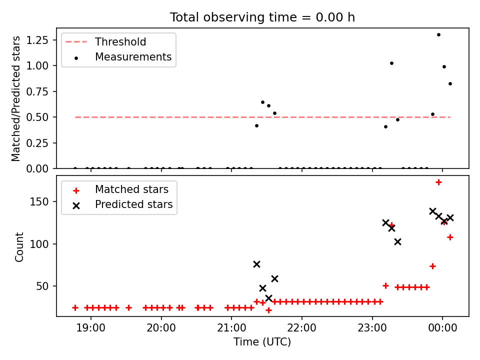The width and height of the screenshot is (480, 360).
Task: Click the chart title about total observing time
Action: click(262, 17)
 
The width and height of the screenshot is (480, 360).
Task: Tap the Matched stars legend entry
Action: click(121, 189)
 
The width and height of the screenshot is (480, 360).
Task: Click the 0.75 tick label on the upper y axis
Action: click(37, 91)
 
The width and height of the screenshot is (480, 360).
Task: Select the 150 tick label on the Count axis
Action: click(39, 201)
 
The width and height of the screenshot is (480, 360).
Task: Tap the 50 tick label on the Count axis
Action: click(42, 286)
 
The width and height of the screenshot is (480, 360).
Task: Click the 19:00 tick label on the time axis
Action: click(90, 328)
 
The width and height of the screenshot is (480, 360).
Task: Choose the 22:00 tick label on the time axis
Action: click(302, 328)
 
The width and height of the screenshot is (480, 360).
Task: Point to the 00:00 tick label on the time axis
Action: click(442, 328)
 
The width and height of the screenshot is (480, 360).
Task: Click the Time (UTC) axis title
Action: click(262, 341)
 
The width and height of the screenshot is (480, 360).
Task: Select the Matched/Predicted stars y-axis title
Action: click(15, 98)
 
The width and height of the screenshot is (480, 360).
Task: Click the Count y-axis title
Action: click(19, 247)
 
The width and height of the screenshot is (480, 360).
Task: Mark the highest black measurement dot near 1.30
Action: click(438, 35)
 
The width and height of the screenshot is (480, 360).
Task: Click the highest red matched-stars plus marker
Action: click(438, 182)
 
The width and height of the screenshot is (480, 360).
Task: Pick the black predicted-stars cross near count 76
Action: click(257, 264)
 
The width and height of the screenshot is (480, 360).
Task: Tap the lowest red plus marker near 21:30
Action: click(269, 310)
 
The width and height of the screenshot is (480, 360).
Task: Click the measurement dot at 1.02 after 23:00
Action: click(391, 63)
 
